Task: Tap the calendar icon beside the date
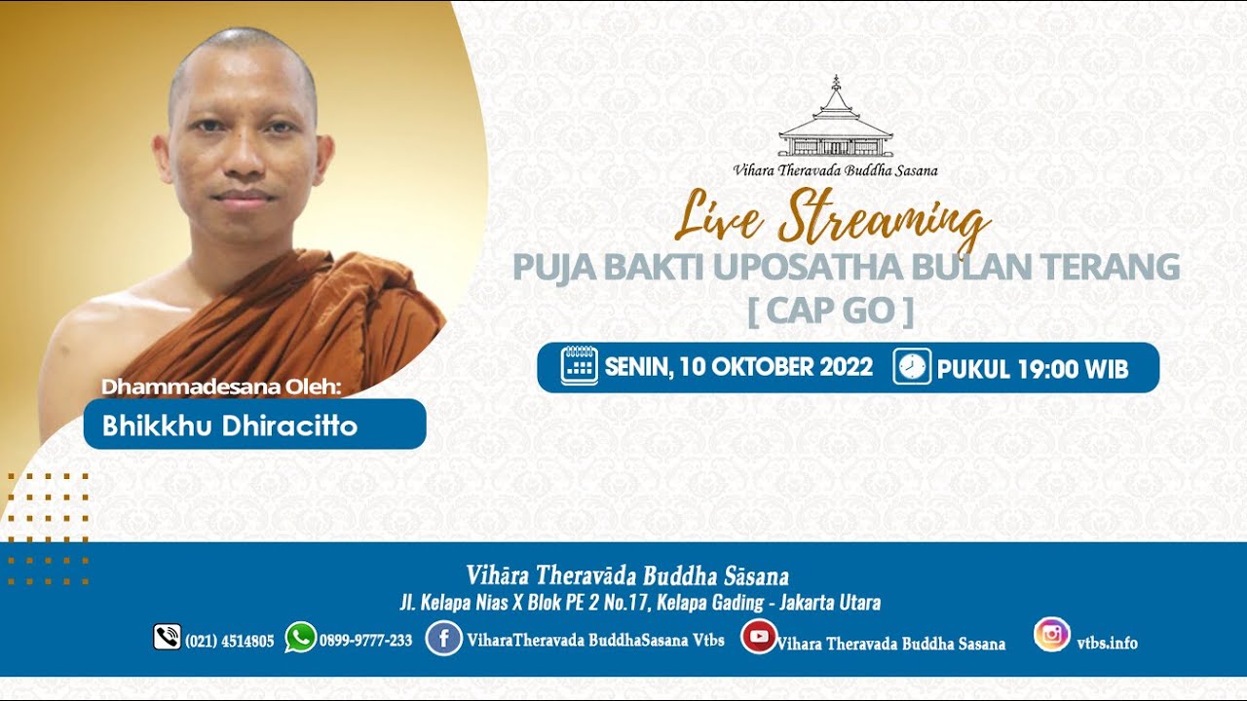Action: [579, 366]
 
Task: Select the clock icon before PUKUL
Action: [912, 366]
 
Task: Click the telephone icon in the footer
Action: [167, 637]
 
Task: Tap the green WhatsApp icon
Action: [301, 637]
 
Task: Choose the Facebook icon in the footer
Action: [443, 638]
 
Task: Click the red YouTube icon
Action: [759, 637]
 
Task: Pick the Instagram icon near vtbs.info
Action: [1052, 634]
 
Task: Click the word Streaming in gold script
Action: [883, 221]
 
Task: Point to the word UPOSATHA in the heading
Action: [808, 267]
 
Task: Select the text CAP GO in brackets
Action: [831, 311]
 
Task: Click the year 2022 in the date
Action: [847, 367]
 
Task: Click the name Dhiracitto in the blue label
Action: [289, 425]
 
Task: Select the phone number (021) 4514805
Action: [229, 642]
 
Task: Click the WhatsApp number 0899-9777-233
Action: [365, 641]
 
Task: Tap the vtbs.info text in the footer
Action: [1107, 644]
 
